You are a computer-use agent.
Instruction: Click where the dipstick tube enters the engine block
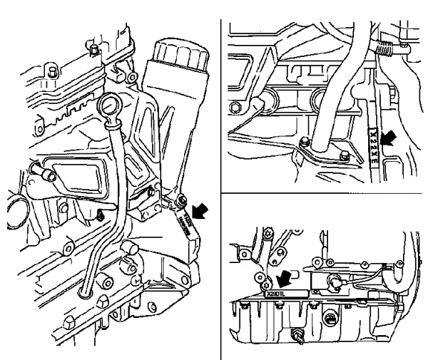pos(85,293)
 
